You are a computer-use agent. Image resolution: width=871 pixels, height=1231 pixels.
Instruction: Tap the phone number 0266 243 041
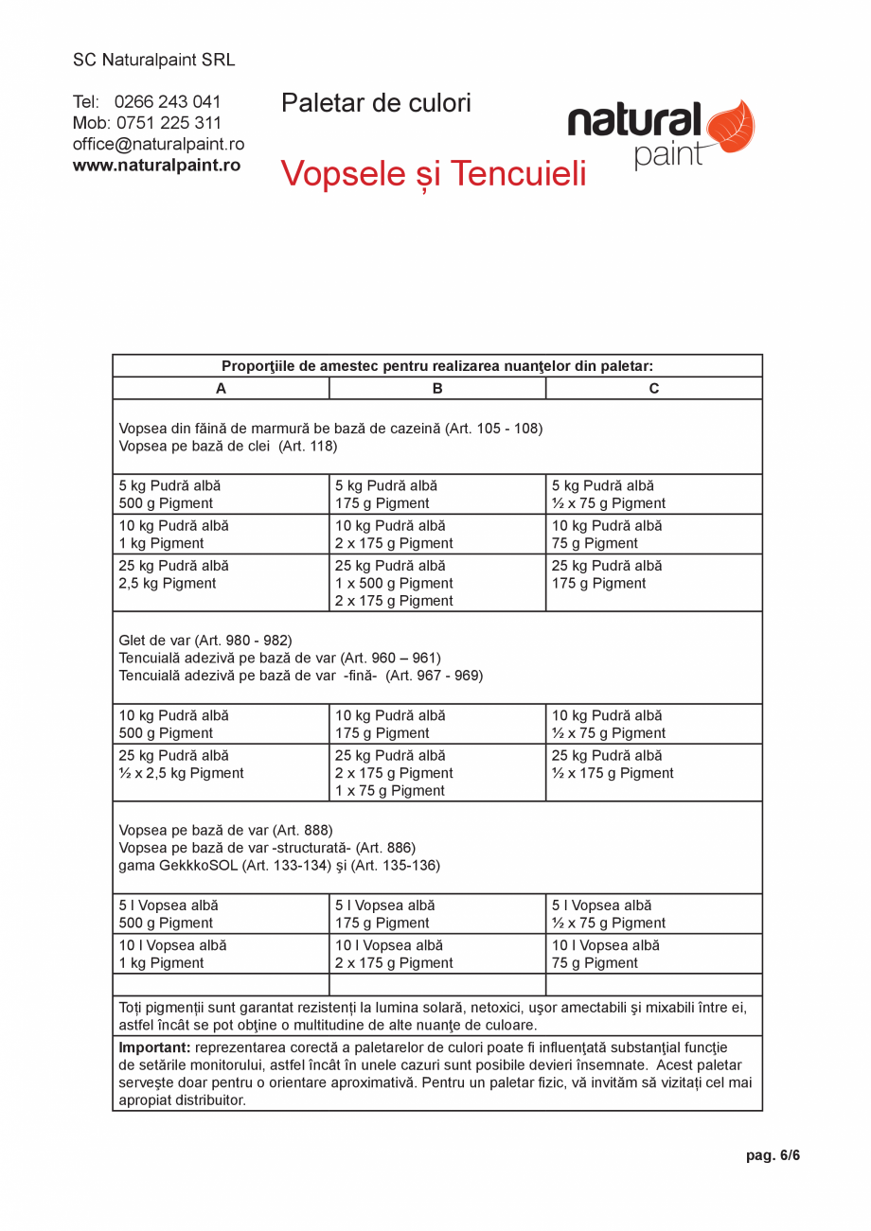(168, 102)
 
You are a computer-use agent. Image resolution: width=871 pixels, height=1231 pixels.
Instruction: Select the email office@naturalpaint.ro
(158, 144)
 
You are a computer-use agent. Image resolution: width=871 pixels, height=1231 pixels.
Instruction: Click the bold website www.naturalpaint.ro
(156, 165)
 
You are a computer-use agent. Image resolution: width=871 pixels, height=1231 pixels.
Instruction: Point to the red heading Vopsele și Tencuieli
(434, 174)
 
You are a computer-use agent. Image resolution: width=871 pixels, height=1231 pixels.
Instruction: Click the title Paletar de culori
(376, 103)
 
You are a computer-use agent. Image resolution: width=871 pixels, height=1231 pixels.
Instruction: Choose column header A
(221, 388)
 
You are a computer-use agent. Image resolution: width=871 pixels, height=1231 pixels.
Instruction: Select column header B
(437, 388)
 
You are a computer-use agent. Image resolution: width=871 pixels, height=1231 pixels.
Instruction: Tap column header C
(654, 388)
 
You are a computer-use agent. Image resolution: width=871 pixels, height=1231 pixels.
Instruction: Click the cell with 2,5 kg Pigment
(168, 583)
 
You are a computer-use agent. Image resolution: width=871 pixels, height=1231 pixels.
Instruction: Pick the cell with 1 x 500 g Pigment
(394, 583)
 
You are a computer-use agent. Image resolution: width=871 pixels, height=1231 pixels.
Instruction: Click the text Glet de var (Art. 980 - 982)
(205, 640)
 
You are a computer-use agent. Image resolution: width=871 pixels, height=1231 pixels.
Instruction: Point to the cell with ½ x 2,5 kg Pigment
(181, 773)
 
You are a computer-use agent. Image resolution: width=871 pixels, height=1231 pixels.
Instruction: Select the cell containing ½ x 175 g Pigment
(613, 773)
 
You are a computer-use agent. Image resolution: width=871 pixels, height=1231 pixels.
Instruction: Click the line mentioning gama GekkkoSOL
(279, 865)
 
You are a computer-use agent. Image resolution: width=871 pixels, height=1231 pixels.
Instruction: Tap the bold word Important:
(154, 1047)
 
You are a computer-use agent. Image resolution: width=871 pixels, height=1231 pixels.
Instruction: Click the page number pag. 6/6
(773, 1155)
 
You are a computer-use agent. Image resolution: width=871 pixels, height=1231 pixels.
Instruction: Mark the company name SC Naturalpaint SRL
(154, 61)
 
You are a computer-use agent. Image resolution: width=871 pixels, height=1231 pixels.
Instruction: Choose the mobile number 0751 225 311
(169, 123)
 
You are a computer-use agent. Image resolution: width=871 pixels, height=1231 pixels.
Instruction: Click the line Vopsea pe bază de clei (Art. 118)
(228, 446)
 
